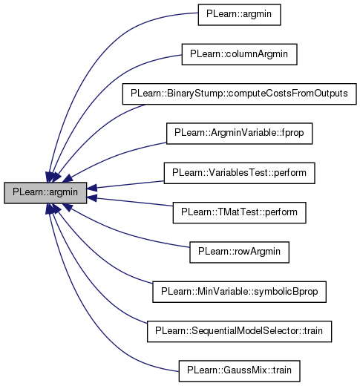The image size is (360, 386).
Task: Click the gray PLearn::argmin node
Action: tap(45, 193)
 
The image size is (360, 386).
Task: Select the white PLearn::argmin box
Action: tap(239, 15)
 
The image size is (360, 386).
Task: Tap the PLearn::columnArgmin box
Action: tap(239, 54)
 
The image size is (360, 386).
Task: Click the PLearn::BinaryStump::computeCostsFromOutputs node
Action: tap(239, 94)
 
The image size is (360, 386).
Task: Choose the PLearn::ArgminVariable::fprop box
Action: tap(239, 134)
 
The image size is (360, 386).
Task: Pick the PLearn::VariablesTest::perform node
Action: tap(239, 173)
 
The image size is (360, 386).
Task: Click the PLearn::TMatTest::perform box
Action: tap(239, 212)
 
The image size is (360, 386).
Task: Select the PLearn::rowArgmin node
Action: tap(239, 252)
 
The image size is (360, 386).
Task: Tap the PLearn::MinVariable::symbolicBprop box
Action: tap(239, 292)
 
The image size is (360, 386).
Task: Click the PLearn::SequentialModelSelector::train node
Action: tap(239, 331)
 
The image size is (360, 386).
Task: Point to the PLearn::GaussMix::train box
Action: tap(239, 371)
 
